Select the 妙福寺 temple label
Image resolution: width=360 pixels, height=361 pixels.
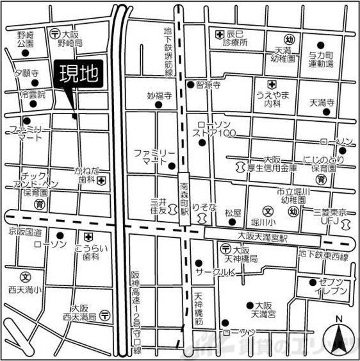point(160,96)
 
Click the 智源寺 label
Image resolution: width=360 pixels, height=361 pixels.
point(208,84)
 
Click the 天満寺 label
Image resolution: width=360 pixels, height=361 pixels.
point(322,103)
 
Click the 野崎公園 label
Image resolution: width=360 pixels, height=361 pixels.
point(25,39)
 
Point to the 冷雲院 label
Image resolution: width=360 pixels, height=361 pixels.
point(33,94)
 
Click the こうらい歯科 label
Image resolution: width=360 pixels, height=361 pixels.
point(90,252)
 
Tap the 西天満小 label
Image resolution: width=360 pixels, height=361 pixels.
point(24,290)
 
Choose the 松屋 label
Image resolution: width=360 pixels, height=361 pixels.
point(233,210)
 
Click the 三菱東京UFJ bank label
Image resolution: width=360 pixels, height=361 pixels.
point(331,216)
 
